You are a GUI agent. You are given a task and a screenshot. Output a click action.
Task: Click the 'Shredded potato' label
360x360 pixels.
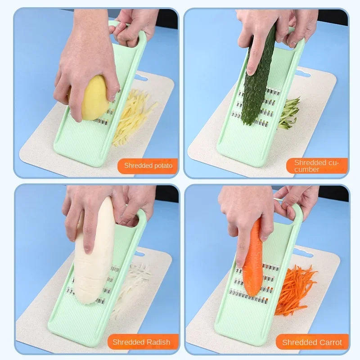pos(148,166)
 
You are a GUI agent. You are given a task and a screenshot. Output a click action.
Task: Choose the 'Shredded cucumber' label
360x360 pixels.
pos(316,166)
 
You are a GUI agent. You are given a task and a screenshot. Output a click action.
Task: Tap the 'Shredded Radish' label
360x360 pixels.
pos(142,342)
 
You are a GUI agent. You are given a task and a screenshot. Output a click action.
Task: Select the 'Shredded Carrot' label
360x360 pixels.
pos(312,342)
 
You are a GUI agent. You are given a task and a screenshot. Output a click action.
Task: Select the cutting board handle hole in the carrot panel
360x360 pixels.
pos(302,253)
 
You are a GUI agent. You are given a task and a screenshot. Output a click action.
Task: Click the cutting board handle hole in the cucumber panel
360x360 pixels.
pos(303,73)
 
